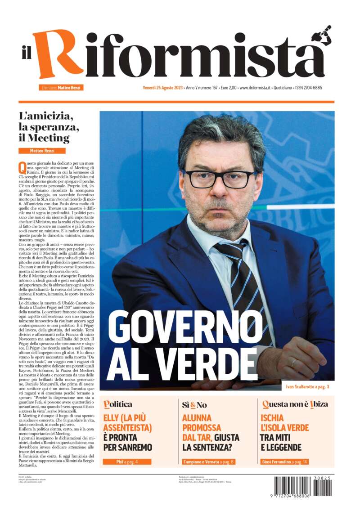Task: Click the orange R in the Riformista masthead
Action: [x=53, y=54]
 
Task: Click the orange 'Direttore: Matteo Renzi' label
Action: [x=61, y=88]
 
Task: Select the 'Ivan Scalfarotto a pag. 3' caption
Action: [x=310, y=386]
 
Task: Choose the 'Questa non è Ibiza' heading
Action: [x=295, y=404]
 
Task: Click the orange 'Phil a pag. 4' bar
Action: [x=127, y=462]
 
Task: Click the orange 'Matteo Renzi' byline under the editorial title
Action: [x=42, y=150]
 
